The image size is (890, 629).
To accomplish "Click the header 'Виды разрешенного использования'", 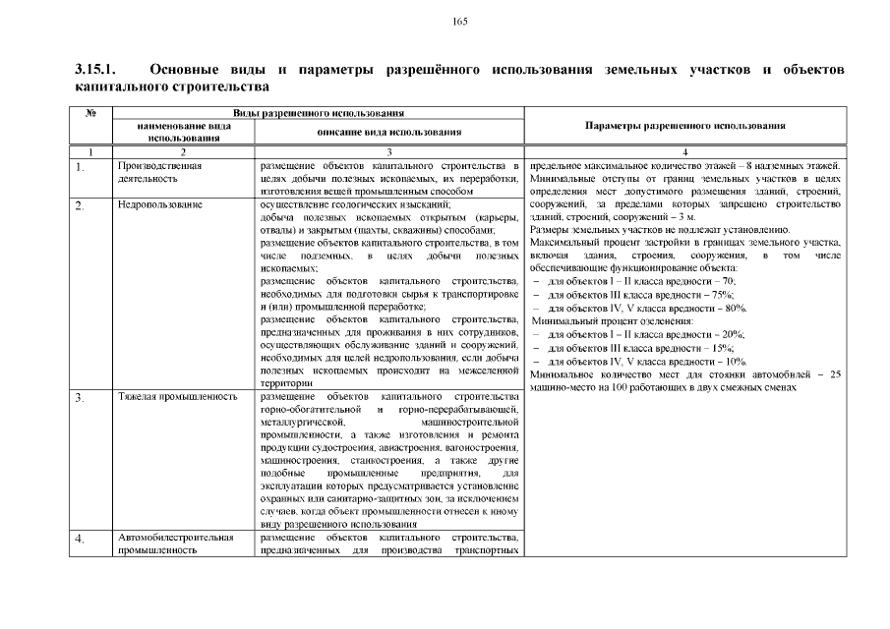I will (319, 114).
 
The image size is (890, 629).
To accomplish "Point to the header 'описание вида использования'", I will (389, 133).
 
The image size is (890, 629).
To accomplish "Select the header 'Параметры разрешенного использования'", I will (684, 126).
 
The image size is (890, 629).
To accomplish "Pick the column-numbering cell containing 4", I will (684, 151).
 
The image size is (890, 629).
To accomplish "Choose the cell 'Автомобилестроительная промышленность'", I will (175, 543).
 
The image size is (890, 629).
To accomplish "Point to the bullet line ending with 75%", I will (640, 295).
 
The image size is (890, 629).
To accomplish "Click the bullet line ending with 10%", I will (640, 361).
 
